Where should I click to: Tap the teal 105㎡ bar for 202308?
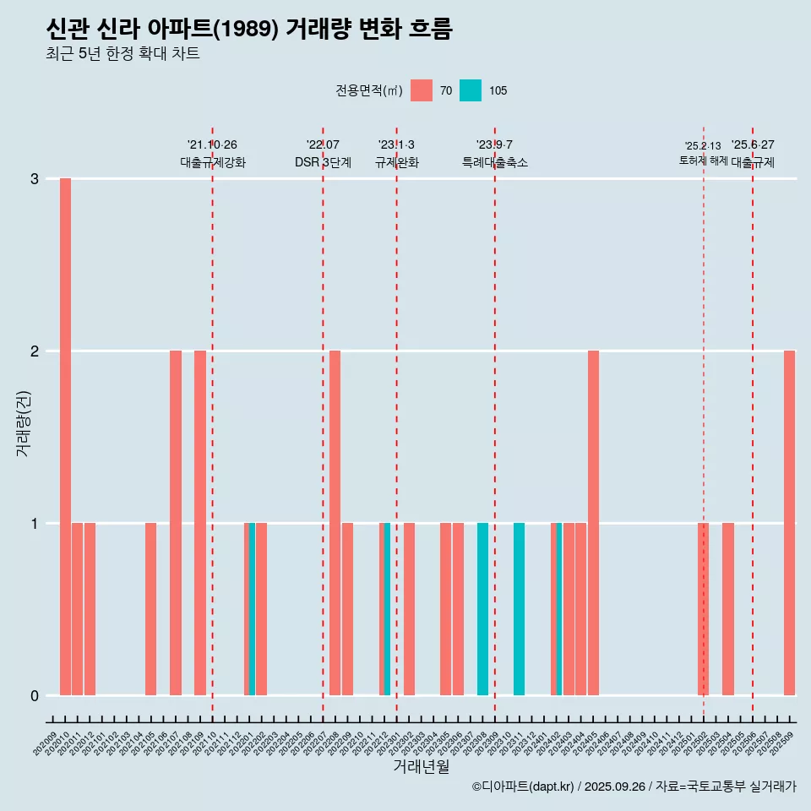[482, 608]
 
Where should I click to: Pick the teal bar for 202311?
[519, 608]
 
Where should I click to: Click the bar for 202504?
[727, 608]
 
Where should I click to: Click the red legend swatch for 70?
[422, 90]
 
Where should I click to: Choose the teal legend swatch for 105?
[471, 90]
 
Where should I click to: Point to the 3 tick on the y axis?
[35, 179]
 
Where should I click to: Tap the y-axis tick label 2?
[35, 351]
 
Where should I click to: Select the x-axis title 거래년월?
[421, 766]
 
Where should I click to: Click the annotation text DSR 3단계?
[323, 162]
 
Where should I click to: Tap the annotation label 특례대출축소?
[494, 162]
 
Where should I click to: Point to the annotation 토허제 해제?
[703, 160]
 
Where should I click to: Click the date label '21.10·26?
[212, 144]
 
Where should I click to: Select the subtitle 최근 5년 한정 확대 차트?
[123, 54]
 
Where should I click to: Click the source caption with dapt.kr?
[634, 787]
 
